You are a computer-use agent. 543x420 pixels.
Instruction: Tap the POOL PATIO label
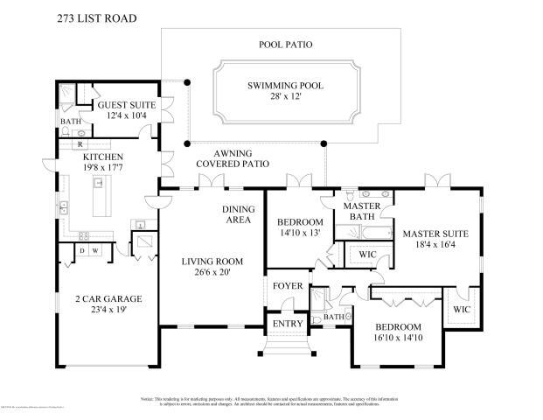click(285, 44)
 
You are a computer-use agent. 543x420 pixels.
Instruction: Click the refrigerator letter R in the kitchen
click(80, 143)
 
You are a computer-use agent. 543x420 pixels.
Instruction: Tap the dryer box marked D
click(82, 251)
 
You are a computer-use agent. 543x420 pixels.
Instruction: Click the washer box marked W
click(96, 251)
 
